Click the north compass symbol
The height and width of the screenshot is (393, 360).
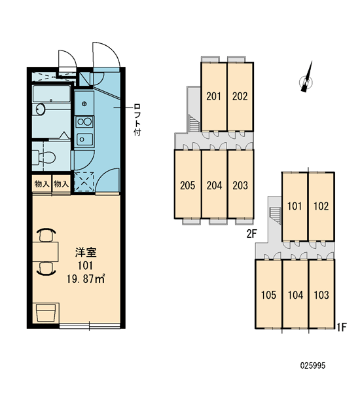pyautogui.click(x=307, y=80)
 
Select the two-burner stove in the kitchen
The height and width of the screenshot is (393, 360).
pyautogui.click(x=84, y=122)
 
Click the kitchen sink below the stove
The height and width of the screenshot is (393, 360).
pyautogui.click(x=84, y=139)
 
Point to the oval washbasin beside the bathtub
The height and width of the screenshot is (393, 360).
pyautogui.click(x=41, y=109)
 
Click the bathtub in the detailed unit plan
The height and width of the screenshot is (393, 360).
pyautogui.click(x=51, y=94)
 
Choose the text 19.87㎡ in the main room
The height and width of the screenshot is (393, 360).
pyautogui.click(x=86, y=279)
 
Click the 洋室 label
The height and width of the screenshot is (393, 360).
pyautogui.click(x=86, y=252)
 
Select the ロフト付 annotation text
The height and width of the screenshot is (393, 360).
pyautogui.click(x=137, y=120)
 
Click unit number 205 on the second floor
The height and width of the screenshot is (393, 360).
pyautogui.click(x=187, y=185)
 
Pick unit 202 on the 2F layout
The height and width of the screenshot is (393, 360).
pyautogui.click(x=240, y=96)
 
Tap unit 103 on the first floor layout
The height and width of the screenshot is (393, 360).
pyautogui.click(x=321, y=295)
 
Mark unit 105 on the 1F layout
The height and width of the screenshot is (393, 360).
pyautogui.click(x=268, y=295)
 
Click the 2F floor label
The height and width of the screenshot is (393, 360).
pyautogui.click(x=252, y=234)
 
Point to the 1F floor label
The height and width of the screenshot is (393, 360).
pyautogui.click(x=342, y=327)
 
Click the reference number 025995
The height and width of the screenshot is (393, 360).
pyautogui.click(x=313, y=365)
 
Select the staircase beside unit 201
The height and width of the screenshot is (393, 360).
pyautogui.click(x=194, y=122)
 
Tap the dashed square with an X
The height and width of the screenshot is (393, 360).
pyautogui.click(x=84, y=181)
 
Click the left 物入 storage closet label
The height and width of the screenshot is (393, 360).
pyautogui.click(x=42, y=184)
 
